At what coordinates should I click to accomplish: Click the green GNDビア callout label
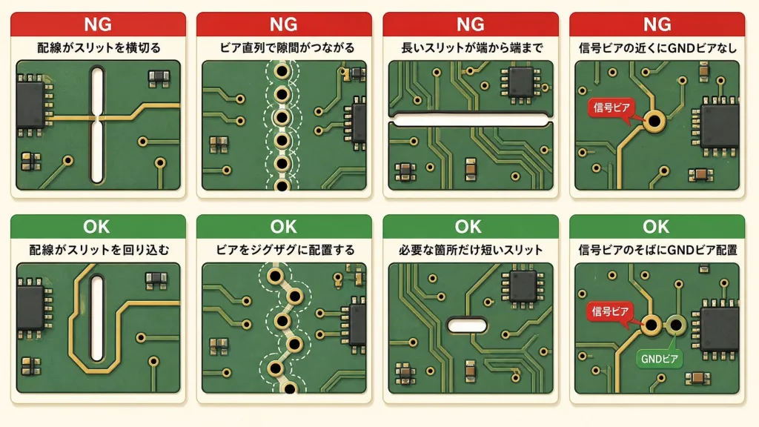click(x=659, y=359)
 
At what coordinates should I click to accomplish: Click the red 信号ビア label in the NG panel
click(x=611, y=107)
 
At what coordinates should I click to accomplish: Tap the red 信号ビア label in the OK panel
click(x=609, y=311)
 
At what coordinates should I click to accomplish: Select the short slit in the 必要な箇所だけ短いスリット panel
click(x=467, y=325)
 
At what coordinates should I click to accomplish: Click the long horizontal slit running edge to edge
click(x=471, y=119)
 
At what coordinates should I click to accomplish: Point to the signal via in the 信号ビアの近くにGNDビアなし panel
click(x=654, y=121)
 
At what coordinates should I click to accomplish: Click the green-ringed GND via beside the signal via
click(x=676, y=325)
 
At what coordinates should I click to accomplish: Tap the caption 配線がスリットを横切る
click(x=99, y=48)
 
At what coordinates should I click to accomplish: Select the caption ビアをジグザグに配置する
click(x=285, y=251)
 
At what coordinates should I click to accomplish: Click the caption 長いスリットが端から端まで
click(x=471, y=48)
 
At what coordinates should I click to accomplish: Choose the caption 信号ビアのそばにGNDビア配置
click(x=657, y=251)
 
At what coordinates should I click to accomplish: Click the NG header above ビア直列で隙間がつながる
click(x=284, y=24)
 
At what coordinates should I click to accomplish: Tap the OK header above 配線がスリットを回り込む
click(x=97, y=227)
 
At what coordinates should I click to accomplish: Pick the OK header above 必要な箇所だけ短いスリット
click(x=468, y=227)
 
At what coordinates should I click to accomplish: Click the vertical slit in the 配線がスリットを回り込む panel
click(x=97, y=319)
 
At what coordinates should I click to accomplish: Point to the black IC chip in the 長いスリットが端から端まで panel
click(x=521, y=82)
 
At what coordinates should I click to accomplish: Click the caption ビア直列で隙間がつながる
click(x=287, y=48)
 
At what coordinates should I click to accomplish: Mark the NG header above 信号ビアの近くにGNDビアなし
click(x=657, y=24)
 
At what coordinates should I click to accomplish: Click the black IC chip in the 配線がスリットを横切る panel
click(x=30, y=105)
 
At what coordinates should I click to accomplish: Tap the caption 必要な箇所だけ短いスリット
click(x=471, y=251)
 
